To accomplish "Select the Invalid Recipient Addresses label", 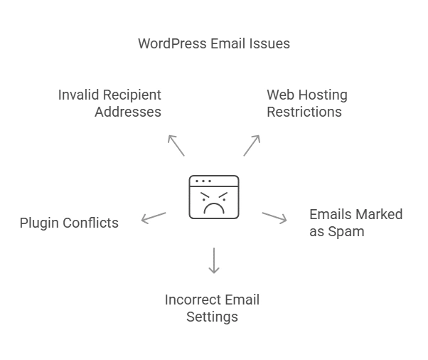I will coord(110,103).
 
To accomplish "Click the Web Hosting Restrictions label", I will coord(306,103).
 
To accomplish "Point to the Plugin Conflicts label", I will coord(69,223).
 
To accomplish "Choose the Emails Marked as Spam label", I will coord(355,223).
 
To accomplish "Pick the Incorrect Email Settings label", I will coord(212,308).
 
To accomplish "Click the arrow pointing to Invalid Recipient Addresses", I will coord(176,144).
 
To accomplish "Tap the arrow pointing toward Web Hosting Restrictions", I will coord(252,144).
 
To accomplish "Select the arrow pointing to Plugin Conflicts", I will coord(154,217).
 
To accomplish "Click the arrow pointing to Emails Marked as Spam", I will coord(274,217).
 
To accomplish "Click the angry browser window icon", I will coord(214,196).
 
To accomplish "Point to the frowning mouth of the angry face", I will coord(214,208).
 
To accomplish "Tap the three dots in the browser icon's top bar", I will coord(203,181).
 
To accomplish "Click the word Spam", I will coord(347,231).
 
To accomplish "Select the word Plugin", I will coord(40,223).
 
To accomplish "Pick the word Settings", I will coord(212,317).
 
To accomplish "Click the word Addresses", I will coord(128,112).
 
